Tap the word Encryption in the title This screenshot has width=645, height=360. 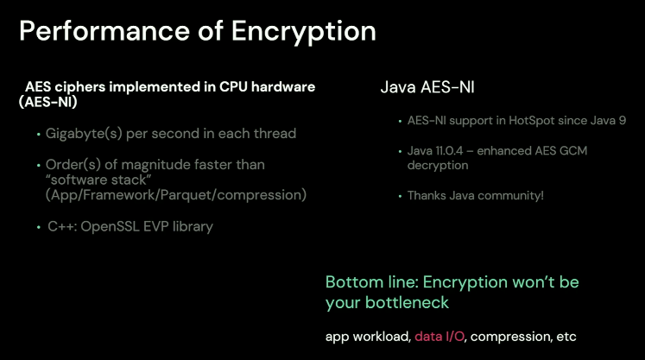(304, 32)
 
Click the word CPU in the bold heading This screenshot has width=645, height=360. (233, 87)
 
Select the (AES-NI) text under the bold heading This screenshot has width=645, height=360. (48, 102)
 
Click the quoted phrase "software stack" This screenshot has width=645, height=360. (98, 180)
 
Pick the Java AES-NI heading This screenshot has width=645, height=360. (427, 87)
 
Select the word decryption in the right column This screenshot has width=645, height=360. (438, 166)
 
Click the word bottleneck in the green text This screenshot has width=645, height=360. (407, 303)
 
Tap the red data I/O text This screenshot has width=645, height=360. (439, 337)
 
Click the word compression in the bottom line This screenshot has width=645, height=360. (510, 337)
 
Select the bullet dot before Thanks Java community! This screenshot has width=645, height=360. (400, 196)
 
